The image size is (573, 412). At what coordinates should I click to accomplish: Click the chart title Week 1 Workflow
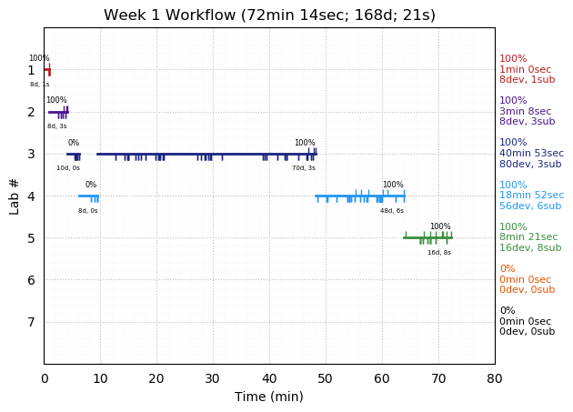269,15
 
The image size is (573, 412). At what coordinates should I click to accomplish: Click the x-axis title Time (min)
269,397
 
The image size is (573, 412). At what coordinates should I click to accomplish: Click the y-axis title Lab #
15,196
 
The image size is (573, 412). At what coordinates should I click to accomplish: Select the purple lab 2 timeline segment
57,112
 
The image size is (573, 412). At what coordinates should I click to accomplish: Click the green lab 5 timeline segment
427,237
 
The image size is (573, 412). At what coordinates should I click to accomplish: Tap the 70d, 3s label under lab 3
304,168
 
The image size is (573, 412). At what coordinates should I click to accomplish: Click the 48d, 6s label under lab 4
392,210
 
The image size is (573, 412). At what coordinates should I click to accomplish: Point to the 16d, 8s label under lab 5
439,252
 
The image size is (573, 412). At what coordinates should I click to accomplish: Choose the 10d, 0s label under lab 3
68,168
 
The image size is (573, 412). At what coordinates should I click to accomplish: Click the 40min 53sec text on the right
531,154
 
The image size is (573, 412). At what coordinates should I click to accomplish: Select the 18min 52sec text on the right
531,196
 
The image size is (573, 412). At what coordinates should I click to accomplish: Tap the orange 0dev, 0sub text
527,290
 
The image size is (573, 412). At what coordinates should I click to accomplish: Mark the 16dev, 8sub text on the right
530,247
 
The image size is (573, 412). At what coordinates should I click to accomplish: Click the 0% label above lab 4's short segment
91,185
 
